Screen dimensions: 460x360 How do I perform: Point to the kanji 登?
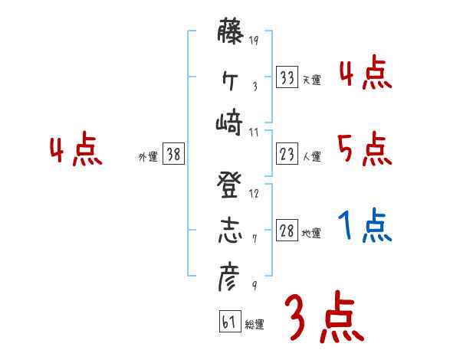coord(229,186)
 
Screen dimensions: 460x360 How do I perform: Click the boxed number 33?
coord(287,77)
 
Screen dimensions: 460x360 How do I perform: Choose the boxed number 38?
coord(174,155)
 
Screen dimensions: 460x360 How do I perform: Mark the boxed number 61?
coord(229,322)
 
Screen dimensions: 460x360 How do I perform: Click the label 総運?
coord(255,325)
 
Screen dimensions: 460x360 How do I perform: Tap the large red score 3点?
coord(324,316)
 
